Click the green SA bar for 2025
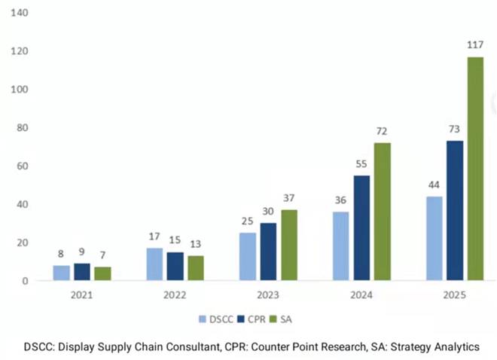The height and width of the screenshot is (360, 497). coord(474,169)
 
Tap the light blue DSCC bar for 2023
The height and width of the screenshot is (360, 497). coord(248,256)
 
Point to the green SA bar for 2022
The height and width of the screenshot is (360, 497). coord(196,267)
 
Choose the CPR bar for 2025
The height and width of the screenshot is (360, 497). coord(454,210)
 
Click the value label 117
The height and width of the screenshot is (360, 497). coord(474,45)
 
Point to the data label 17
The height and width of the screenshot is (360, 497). coord(154,236)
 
